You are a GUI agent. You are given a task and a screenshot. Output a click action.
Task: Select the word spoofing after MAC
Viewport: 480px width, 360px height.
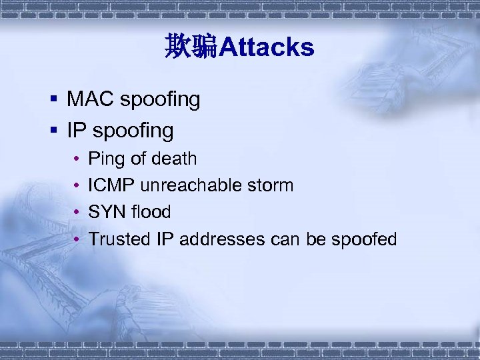click(160, 101)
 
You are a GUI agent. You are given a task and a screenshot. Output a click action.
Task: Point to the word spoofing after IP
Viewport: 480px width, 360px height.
click(133, 131)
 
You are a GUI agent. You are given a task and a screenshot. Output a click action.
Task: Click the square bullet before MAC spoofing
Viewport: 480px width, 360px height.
click(53, 101)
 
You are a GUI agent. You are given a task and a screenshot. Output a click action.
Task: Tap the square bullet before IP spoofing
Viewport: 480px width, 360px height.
click(53, 131)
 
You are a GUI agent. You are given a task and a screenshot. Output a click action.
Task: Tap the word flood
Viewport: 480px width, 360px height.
click(151, 212)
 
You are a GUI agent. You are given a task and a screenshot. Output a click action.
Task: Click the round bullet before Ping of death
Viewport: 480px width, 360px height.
click(77, 159)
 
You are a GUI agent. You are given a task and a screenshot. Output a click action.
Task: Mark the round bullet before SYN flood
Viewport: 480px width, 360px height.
click(77, 213)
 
